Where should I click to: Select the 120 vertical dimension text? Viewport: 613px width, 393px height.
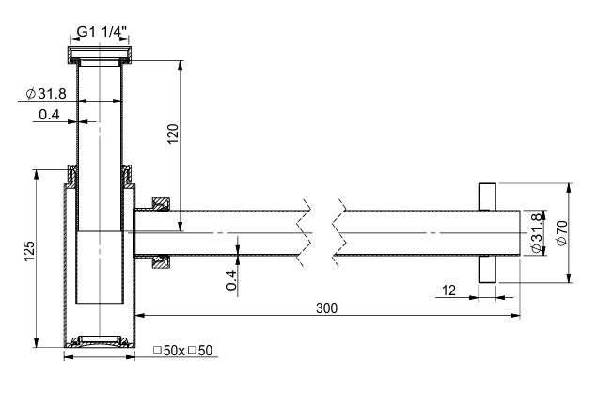coord(173,134)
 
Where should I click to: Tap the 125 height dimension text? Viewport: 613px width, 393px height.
coord(29,251)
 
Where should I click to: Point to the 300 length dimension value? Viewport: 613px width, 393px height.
coord(326,308)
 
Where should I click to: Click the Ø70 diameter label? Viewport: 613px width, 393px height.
coord(562,233)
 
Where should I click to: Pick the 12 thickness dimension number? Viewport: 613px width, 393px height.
coord(448,291)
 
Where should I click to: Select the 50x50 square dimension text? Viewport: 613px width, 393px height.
coord(183,351)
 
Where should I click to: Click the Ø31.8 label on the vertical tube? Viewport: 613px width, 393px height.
coord(46,94)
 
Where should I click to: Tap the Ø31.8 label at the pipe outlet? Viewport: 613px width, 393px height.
coord(536,233)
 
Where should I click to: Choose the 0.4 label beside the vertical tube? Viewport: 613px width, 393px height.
coord(49,115)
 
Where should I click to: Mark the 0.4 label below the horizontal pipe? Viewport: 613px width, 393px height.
coord(231,280)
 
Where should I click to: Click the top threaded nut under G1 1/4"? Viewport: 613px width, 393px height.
coord(100,55)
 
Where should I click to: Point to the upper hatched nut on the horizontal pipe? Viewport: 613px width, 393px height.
coord(161,204)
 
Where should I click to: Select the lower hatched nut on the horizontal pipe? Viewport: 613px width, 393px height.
coord(161,262)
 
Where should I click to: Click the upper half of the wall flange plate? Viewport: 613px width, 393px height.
coord(488,196)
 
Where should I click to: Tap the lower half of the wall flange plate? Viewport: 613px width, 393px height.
coord(488,269)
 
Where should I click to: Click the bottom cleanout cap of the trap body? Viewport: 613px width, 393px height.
coord(100,341)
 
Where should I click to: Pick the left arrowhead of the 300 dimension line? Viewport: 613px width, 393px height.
coord(139,315)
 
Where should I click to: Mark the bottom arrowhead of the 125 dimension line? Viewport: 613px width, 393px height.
coord(37,342)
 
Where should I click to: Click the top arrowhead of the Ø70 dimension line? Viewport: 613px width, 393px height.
coord(569,188)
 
